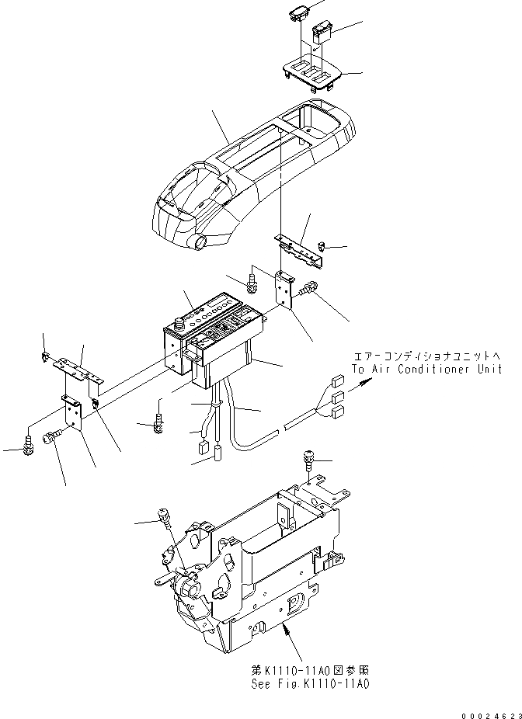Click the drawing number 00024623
pos(485,710)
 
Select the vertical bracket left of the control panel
pos(72,412)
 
